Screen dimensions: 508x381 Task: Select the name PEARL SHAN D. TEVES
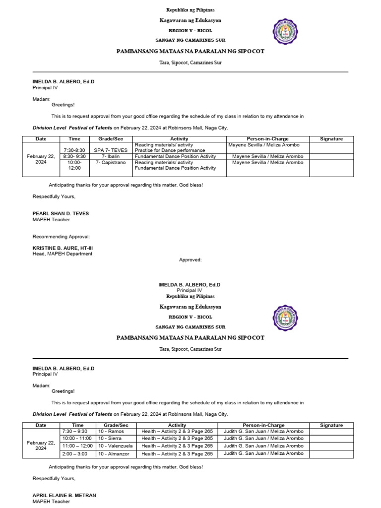61,213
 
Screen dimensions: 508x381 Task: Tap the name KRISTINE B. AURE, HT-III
63,248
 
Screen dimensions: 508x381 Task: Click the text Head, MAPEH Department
63,254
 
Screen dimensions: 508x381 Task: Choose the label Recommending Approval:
61,237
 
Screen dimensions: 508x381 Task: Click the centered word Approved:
190,259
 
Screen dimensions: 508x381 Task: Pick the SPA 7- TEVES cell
111,150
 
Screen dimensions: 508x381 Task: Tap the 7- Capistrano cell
111,162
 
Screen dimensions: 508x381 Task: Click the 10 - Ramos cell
111,431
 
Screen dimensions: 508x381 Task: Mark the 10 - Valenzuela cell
115,446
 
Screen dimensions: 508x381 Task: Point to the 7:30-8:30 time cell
74,150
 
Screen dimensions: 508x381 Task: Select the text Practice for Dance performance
170,150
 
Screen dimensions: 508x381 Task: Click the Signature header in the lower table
331,425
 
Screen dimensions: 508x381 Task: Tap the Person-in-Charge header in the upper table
267,139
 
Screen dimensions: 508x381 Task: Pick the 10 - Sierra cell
110,439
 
